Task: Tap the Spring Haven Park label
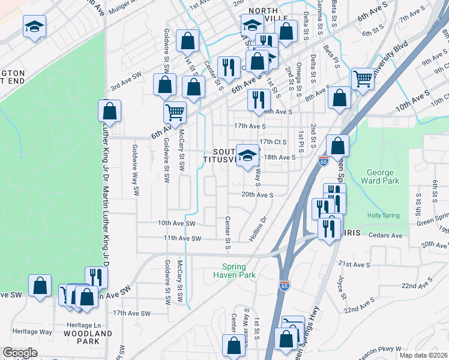point(234,271)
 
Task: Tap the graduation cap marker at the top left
point(35,26)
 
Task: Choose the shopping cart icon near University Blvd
point(363,77)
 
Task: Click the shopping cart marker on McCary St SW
point(175,112)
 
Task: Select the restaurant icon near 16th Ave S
point(259,99)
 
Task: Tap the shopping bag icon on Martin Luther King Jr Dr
point(109,110)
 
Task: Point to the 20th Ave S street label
point(258,194)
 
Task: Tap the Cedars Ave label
point(385,236)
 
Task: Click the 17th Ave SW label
point(131,313)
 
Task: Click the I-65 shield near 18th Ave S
point(323,160)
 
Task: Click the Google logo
point(20,353)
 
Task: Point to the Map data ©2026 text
point(423,355)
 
